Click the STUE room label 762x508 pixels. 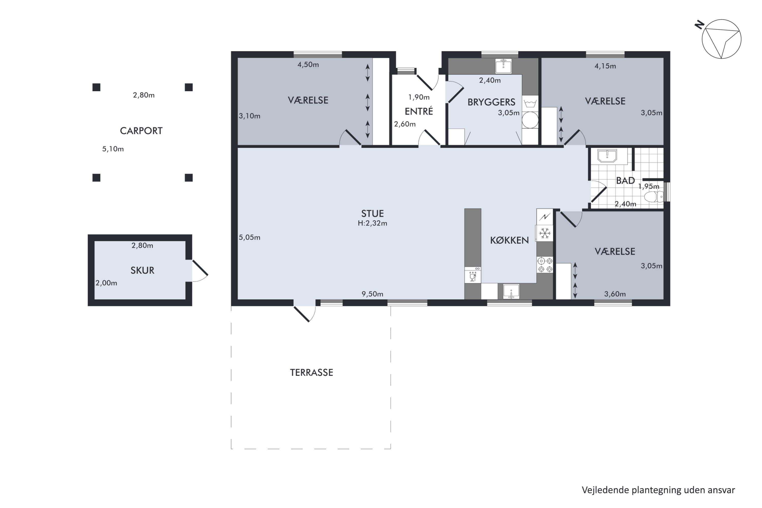[372, 214]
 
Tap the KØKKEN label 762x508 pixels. [509, 240]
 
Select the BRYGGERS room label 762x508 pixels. [491, 102]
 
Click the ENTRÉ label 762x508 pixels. [419, 111]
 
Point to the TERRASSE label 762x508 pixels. [311, 373]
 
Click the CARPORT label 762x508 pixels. [141, 131]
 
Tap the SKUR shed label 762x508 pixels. [142, 270]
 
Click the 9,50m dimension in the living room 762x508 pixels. [372, 294]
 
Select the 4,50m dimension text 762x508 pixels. [308, 65]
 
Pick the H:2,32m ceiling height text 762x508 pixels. [372, 223]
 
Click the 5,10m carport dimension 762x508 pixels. [113, 149]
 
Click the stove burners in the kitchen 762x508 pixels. [545, 265]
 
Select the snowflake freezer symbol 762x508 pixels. [545, 233]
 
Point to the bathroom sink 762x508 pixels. [607, 156]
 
